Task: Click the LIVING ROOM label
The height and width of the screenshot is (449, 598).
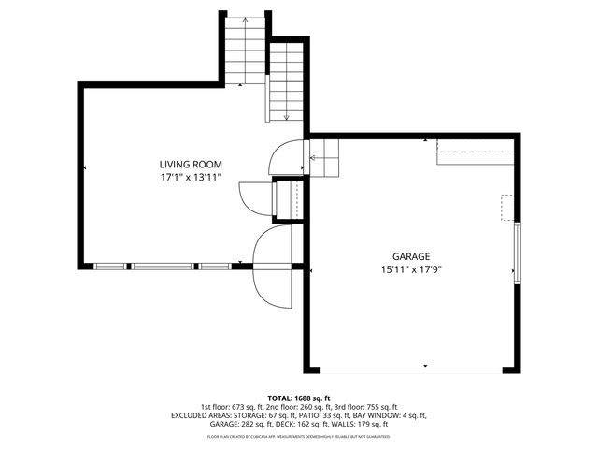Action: tap(190, 164)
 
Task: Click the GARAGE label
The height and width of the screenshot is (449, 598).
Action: tap(410, 255)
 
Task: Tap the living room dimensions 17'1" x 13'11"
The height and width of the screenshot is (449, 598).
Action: tap(190, 176)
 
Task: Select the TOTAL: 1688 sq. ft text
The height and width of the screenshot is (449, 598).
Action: tap(298, 397)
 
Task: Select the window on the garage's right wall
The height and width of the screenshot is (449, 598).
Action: tap(516, 252)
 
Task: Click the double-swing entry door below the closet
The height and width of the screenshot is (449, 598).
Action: tap(273, 267)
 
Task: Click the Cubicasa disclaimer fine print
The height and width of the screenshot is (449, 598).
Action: tap(298, 437)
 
